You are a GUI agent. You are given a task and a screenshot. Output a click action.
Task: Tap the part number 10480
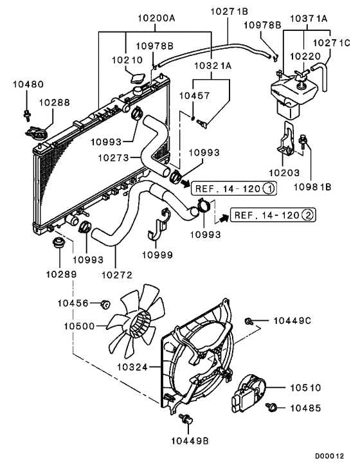point(26,84)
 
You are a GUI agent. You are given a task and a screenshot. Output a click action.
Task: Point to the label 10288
point(54,102)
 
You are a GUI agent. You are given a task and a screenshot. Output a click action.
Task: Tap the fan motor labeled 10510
point(251,393)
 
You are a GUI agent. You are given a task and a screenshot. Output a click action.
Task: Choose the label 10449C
point(293,320)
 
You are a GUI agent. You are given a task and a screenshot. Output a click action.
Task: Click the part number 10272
point(117,274)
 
